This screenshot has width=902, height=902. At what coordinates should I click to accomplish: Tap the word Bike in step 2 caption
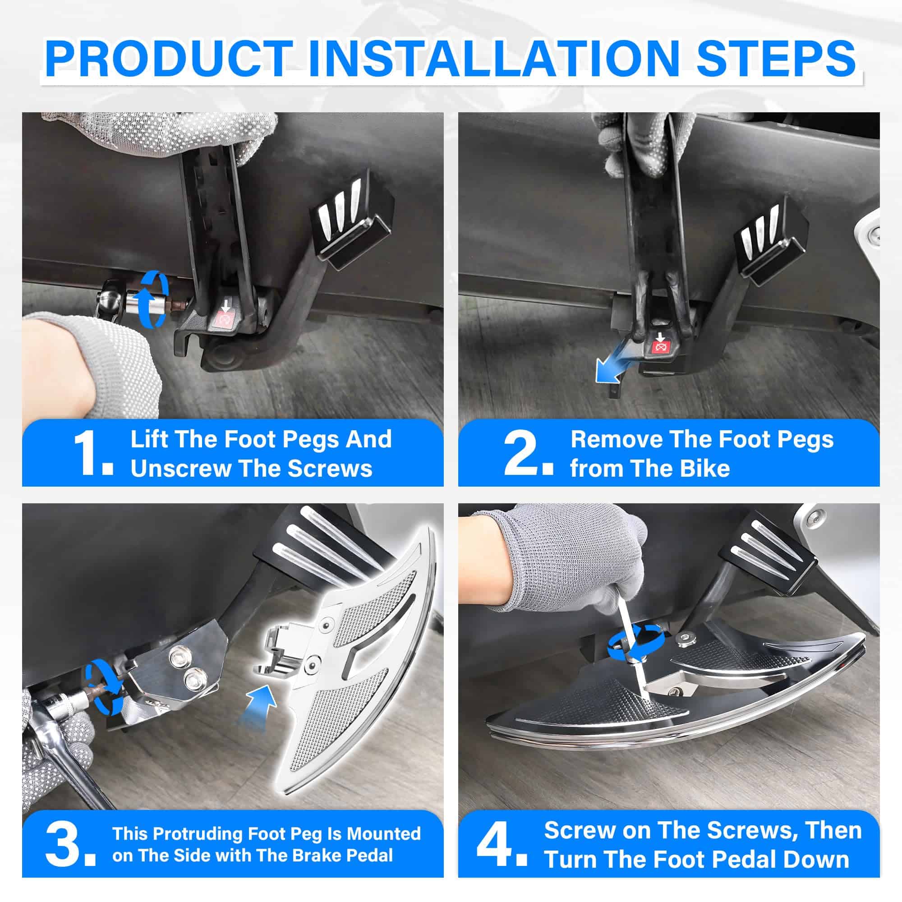(x=705, y=468)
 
